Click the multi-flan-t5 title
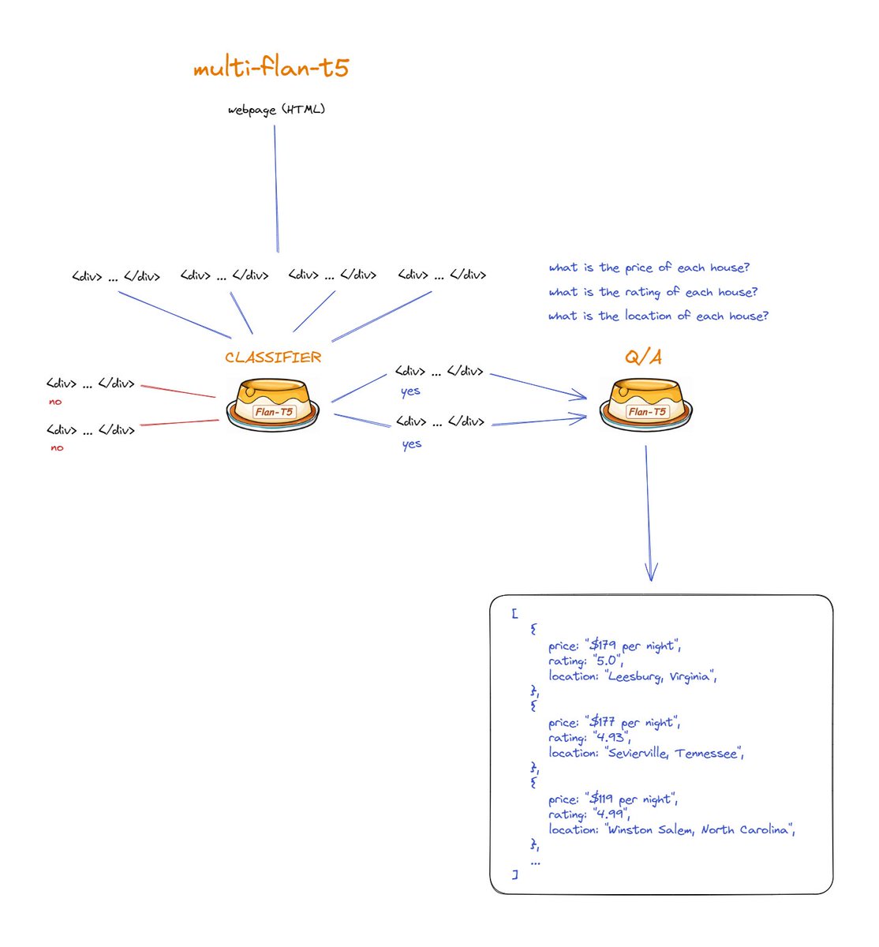coord(271,68)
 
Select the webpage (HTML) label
coord(276,110)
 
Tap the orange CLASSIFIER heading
coord(273,357)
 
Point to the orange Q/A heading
coord(643,357)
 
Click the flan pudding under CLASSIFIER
coord(273,404)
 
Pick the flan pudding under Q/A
coord(645,404)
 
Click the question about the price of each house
coord(649,268)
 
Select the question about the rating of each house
coord(653,292)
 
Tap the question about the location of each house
coord(658,316)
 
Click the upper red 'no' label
coord(55,402)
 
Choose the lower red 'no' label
coord(57,447)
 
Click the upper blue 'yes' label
coord(410,391)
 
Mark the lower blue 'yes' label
coord(412,444)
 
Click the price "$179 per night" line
coord(614,646)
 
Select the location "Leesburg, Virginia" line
coord(633,676)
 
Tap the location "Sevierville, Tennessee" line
coord(646,753)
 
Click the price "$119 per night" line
coord(613,799)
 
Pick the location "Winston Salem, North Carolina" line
coord(671,829)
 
